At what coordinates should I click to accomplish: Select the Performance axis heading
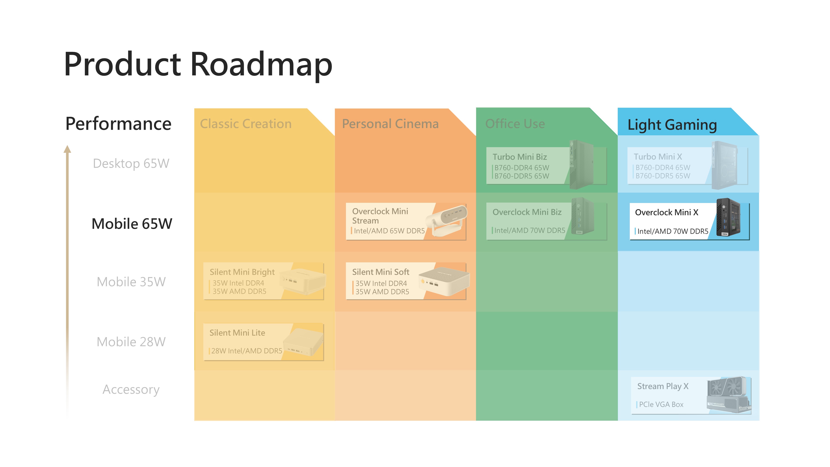(118, 124)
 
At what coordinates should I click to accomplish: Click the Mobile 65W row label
(132, 224)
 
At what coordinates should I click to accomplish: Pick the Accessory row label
(131, 389)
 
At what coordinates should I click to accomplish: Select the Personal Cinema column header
(390, 124)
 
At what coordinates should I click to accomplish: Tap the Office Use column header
(515, 124)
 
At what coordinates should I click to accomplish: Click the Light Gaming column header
(672, 125)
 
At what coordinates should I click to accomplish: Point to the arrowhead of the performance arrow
(67, 149)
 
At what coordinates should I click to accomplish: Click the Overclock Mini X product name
(666, 212)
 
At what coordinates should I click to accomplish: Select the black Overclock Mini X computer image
(728, 218)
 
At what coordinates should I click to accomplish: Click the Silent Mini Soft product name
(381, 272)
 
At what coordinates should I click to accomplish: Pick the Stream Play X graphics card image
(729, 395)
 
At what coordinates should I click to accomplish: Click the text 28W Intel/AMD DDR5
(247, 351)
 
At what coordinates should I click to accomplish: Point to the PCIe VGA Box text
(661, 405)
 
